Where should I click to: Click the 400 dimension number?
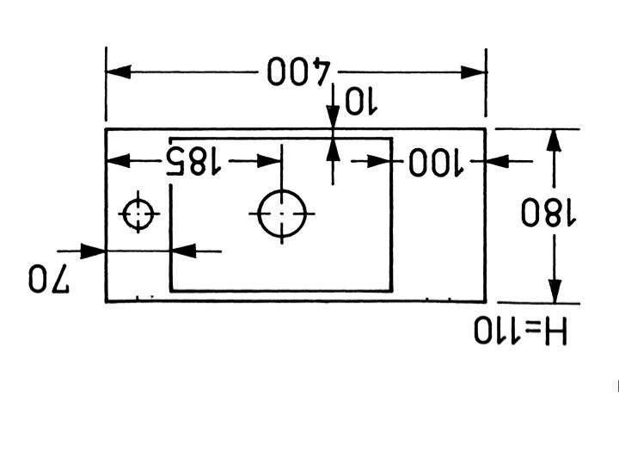pos(298,72)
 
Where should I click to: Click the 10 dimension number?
pos(360,102)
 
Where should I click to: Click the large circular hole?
pos(283,213)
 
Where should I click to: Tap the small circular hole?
pos(138,214)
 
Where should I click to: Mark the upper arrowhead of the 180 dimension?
pos(555,142)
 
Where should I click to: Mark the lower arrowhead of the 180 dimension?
pos(555,289)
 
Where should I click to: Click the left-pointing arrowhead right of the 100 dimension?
pos(499,160)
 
